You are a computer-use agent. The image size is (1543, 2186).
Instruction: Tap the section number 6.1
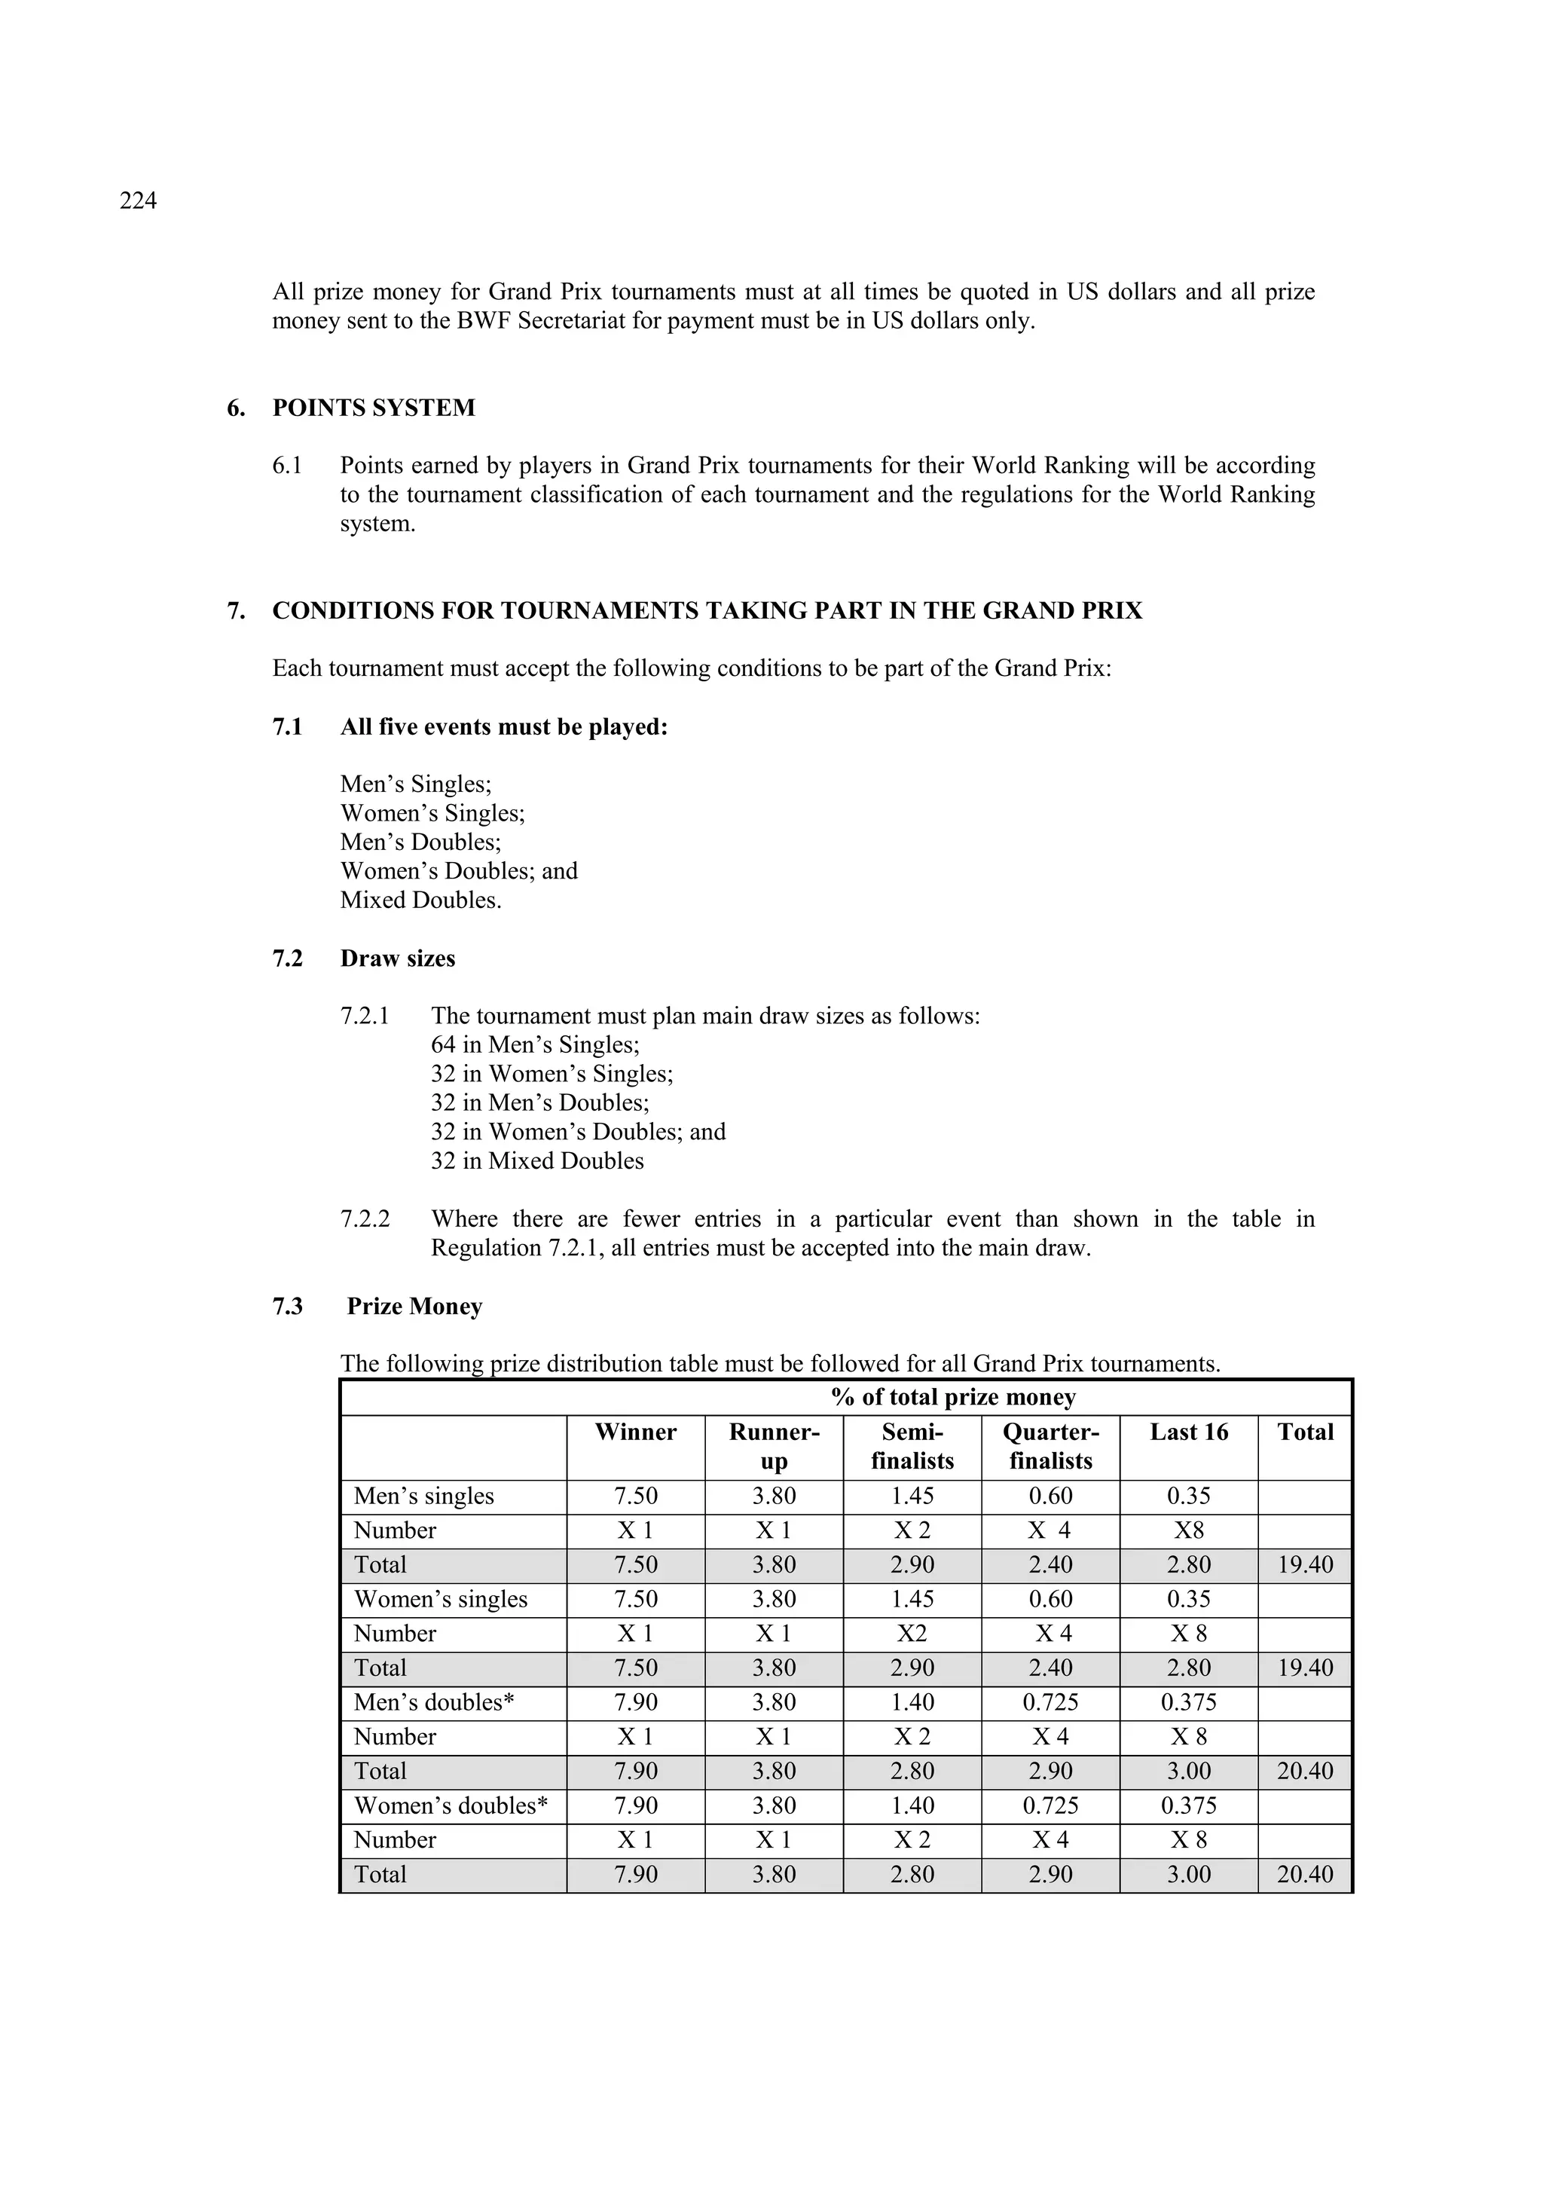pos(288,466)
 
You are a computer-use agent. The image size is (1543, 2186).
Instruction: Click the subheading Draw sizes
pos(397,958)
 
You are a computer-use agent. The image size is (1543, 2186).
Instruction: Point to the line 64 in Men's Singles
pos(535,1044)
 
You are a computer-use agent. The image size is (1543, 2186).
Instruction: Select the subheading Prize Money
pos(414,1307)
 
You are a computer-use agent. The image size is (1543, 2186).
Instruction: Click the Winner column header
pos(635,1432)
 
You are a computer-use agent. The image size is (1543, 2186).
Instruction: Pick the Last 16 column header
pos(1188,1432)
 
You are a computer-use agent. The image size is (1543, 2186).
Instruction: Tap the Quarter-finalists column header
pos(1050,1446)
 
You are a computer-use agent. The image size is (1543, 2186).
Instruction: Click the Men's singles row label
pos(423,1496)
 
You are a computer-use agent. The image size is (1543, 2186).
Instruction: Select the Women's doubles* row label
pos(451,1805)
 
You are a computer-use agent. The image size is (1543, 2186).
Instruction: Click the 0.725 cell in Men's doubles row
pos(1050,1702)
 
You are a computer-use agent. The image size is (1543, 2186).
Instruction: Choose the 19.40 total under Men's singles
pos(1304,1564)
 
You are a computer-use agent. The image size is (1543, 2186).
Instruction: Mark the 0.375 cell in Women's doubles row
pos(1188,1805)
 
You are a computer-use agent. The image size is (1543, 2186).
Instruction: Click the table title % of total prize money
pos(953,1397)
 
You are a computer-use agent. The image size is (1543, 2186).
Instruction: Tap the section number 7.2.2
pos(365,1220)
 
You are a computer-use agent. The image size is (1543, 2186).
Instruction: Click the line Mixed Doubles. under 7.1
pos(420,900)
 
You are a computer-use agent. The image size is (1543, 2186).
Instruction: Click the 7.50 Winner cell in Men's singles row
pos(635,1496)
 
